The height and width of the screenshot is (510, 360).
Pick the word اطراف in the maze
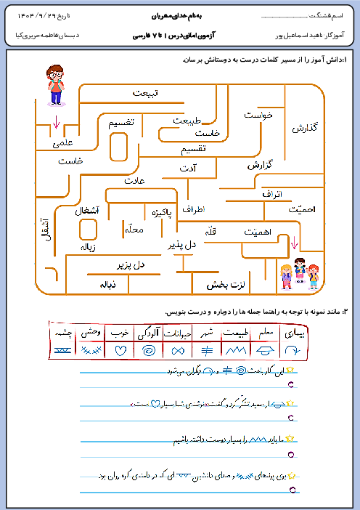coord(194,209)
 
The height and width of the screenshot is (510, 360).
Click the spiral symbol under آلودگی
coord(148,350)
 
